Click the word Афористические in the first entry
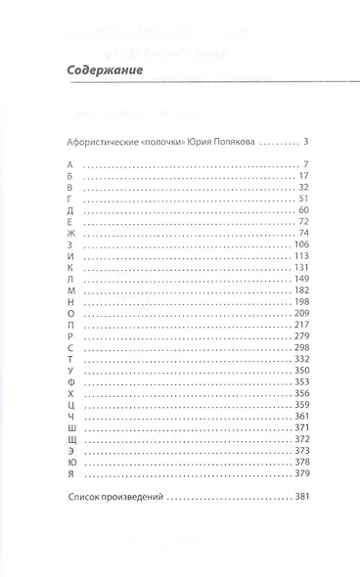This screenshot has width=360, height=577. pyautogui.click(x=95, y=142)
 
